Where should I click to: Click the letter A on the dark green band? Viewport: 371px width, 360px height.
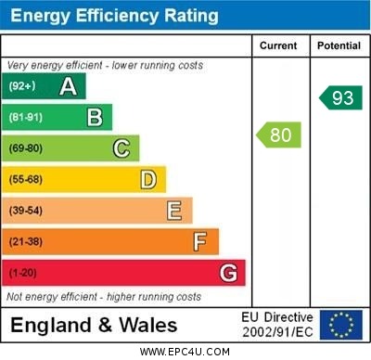tap(68, 86)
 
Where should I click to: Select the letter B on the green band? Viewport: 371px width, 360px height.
tap(95, 117)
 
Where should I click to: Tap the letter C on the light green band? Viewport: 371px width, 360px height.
tap(122, 148)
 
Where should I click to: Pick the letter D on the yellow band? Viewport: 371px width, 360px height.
tap(148, 179)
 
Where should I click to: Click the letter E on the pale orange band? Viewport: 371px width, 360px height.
tap(174, 211)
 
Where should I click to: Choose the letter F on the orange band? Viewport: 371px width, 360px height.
tap(200, 241)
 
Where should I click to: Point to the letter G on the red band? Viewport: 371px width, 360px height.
tap(227, 273)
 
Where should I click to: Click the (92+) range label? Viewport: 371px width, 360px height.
tap(23, 87)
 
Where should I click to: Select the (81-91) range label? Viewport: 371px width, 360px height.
tap(27, 118)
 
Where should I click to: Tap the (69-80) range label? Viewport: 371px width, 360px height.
tap(27, 148)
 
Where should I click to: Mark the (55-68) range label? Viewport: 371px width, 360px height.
tap(27, 180)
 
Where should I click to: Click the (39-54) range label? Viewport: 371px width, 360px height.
tap(27, 211)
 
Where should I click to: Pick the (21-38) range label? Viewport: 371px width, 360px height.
tap(27, 242)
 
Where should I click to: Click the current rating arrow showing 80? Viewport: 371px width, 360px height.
tap(279, 135)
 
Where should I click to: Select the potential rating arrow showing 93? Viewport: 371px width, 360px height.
tap(341, 97)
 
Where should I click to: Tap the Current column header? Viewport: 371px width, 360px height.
tap(278, 45)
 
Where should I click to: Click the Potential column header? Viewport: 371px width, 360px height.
tap(339, 45)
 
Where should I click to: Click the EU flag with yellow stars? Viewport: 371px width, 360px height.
tap(341, 325)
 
